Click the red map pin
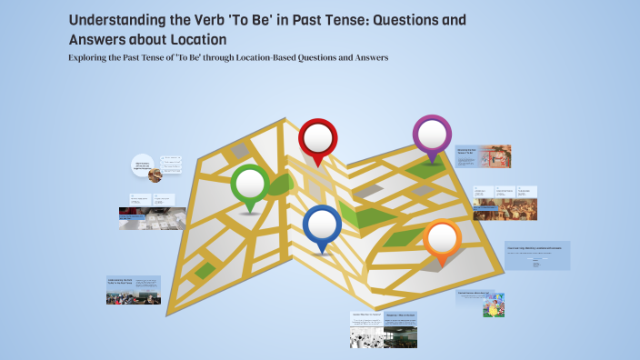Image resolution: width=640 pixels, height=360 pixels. [x=317, y=138]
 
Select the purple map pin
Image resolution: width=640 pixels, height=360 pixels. [x=432, y=135]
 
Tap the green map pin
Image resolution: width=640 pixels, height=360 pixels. [x=250, y=185]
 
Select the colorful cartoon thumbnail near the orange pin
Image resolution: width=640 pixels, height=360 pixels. [x=495, y=305]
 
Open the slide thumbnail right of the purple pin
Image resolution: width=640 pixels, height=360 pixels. [x=483, y=155]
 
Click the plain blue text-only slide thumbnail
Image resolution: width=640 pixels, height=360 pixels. [x=537, y=255]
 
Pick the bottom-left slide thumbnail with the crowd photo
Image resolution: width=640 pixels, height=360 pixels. [x=134, y=290]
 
